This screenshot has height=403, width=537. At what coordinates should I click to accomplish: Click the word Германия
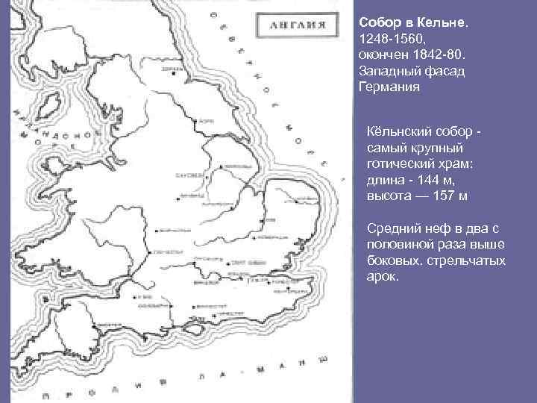(x=389, y=87)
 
